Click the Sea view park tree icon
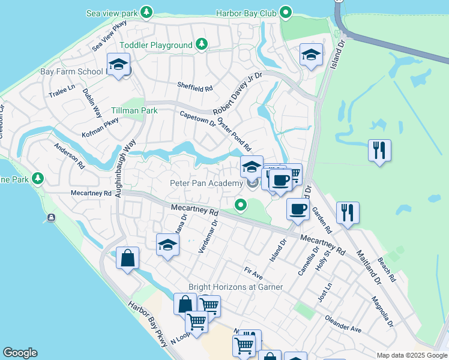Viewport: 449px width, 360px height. click(x=146, y=12)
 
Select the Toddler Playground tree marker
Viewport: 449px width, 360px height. click(x=203, y=44)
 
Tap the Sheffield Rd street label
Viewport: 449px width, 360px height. click(x=194, y=88)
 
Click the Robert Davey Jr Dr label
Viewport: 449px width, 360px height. click(x=238, y=94)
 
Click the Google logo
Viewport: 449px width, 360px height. click(x=20, y=353)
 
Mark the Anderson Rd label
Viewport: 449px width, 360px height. click(x=70, y=155)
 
